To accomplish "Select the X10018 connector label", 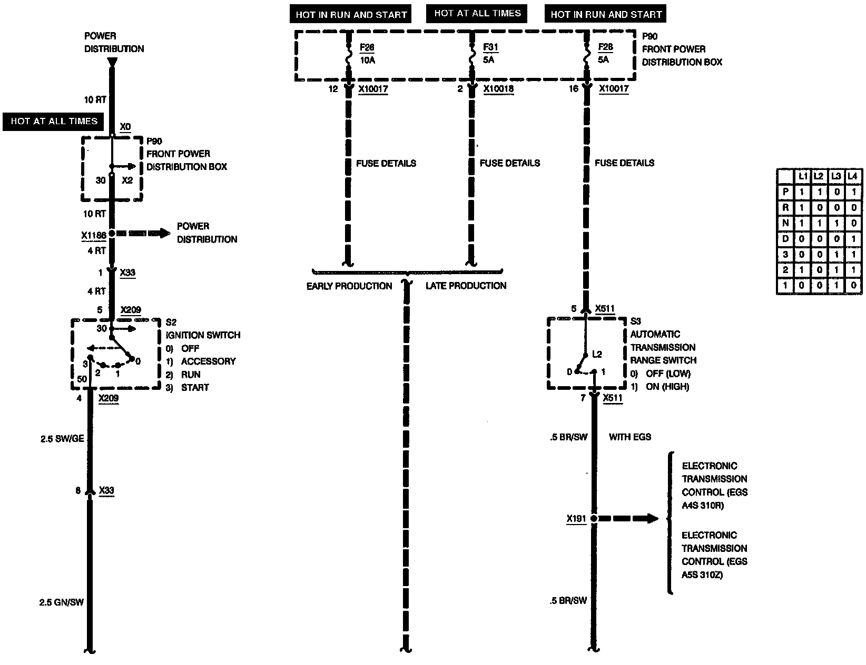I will [x=498, y=89].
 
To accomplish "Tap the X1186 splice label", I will [x=94, y=236].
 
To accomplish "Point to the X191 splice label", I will [x=576, y=519].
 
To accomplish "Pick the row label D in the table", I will [x=785, y=239].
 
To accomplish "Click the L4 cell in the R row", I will [x=853, y=208].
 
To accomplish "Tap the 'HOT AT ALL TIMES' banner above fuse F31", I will [x=477, y=14].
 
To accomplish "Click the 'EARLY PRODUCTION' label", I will [x=349, y=286].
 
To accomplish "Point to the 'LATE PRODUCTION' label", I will [x=466, y=286].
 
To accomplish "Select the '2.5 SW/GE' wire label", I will [x=62, y=439].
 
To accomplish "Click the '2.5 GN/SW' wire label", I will [x=62, y=602].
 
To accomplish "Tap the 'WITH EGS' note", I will [x=629, y=437].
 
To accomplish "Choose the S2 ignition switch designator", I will [x=171, y=323].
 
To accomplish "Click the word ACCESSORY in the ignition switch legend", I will [x=208, y=361].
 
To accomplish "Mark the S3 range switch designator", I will [x=636, y=321].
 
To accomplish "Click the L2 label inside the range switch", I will [x=597, y=355].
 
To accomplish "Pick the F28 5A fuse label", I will [x=605, y=53].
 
